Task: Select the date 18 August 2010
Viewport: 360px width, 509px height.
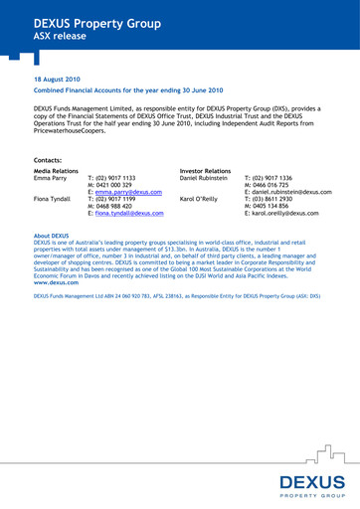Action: (x=57, y=78)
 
